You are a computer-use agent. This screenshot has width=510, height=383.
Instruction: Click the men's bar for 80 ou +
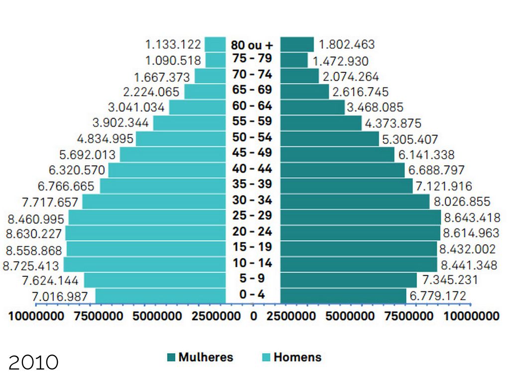pyautogui.click(x=215, y=44)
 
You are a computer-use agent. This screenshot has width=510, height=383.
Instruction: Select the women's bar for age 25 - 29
pyautogui.click(x=361, y=217)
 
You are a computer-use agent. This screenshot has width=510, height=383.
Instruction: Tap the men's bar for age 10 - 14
pyautogui.click(x=144, y=264)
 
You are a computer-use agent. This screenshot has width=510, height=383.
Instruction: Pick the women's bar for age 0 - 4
pyautogui.click(x=343, y=295)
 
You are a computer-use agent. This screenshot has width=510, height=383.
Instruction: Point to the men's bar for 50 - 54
pyautogui.click(x=181, y=139)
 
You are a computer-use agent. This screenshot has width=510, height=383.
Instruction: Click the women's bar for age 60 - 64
pyautogui.click(x=312, y=107)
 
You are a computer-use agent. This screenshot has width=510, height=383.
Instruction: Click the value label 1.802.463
pyautogui.click(x=347, y=44)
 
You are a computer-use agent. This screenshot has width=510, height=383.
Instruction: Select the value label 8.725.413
pyautogui.click(x=31, y=266)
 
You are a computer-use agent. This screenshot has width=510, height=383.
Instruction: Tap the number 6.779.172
pyautogui.click(x=438, y=296)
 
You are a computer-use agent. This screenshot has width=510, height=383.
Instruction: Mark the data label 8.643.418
pyautogui.click(x=472, y=218)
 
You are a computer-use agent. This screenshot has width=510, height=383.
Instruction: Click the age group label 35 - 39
pyautogui.click(x=252, y=185)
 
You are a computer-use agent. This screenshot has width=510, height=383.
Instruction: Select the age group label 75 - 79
pyautogui.click(x=252, y=59)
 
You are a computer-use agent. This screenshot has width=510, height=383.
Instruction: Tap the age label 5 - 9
pyautogui.click(x=252, y=279)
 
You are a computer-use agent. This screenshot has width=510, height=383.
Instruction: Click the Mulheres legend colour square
pyautogui.click(x=171, y=358)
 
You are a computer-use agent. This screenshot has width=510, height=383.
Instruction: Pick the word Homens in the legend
pyautogui.click(x=297, y=358)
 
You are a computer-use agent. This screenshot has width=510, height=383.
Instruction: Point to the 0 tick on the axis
pyautogui.click(x=254, y=316)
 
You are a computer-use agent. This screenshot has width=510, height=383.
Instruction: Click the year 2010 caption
pyautogui.click(x=33, y=363)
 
